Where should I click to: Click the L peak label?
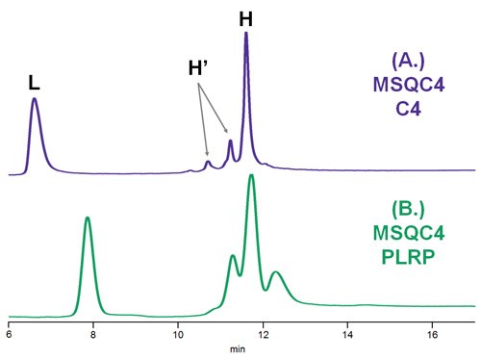(35, 84)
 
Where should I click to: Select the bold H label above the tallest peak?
(246, 17)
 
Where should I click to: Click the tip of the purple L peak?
(35, 98)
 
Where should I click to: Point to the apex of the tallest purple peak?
(246, 33)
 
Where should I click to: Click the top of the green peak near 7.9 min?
(88, 218)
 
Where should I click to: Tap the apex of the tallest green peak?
(251, 175)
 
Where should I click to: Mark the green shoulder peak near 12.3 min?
(277, 272)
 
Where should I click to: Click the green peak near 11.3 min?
(233, 255)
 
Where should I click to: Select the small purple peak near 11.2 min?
(230, 141)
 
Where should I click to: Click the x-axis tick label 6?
(9, 335)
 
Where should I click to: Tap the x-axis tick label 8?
(93, 335)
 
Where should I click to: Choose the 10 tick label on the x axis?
(178, 335)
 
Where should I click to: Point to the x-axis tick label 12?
(263, 335)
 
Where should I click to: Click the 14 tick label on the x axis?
(347, 335)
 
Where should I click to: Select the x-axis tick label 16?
(432, 335)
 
